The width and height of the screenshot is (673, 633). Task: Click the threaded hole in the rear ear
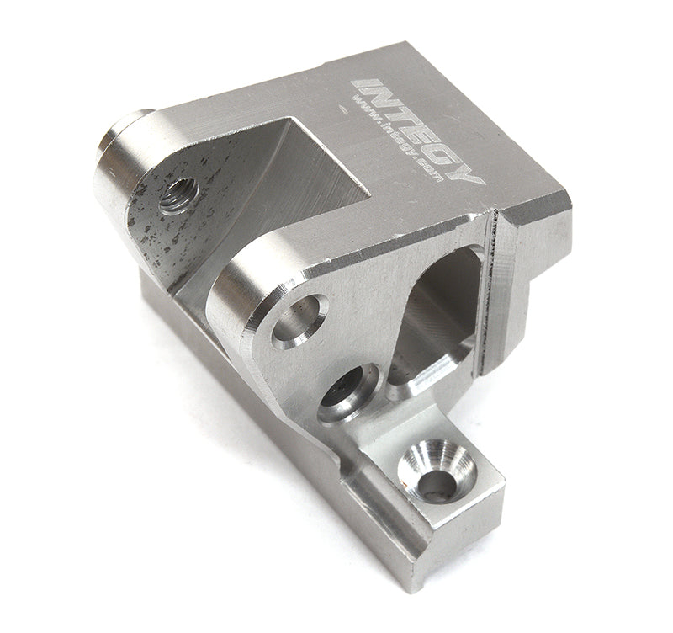tap(178, 195)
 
